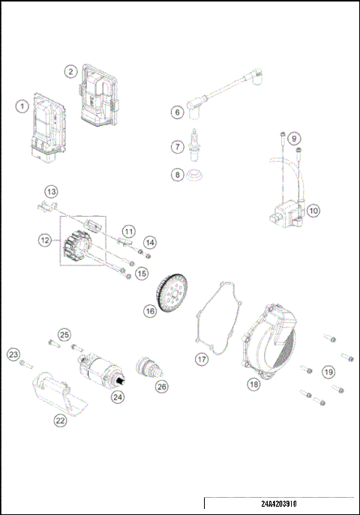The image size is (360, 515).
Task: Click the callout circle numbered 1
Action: [23, 106]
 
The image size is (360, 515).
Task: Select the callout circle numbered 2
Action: [70, 71]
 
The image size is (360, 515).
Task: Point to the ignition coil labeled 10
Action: [285, 212]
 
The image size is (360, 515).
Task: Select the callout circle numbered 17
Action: [202, 359]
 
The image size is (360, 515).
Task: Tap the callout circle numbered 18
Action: [253, 384]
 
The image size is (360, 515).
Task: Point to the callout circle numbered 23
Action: [13, 354]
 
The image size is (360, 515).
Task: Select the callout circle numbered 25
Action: [64, 334]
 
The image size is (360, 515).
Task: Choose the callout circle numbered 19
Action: [328, 371]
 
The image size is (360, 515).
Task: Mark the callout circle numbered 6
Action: [178, 112]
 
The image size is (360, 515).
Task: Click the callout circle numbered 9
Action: [294, 139]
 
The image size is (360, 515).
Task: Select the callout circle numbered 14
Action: [151, 242]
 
